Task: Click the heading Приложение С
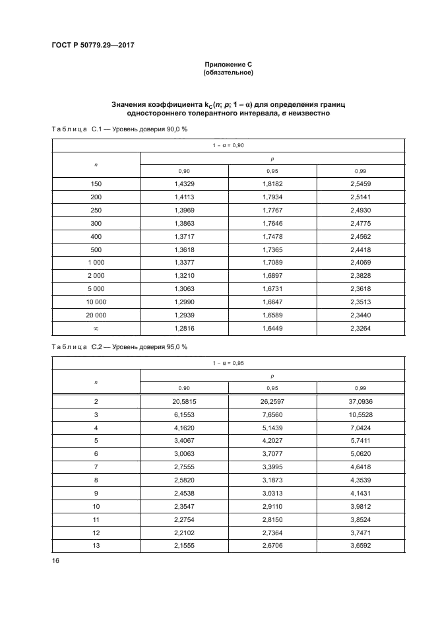point(228,65)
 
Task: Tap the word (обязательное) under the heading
point(228,73)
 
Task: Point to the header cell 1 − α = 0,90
point(228,145)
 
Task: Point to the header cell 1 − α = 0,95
point(228,362)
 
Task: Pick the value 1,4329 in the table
point(184,183)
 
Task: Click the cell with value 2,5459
point(361,183)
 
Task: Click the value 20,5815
point(184,401)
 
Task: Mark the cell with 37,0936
point(361,401)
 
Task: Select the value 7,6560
point(272,414)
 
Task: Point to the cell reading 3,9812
point(361,507)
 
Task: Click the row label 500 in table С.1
point(96,249)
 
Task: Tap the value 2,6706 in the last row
point(272,546)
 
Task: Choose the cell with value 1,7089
point(272,263)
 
